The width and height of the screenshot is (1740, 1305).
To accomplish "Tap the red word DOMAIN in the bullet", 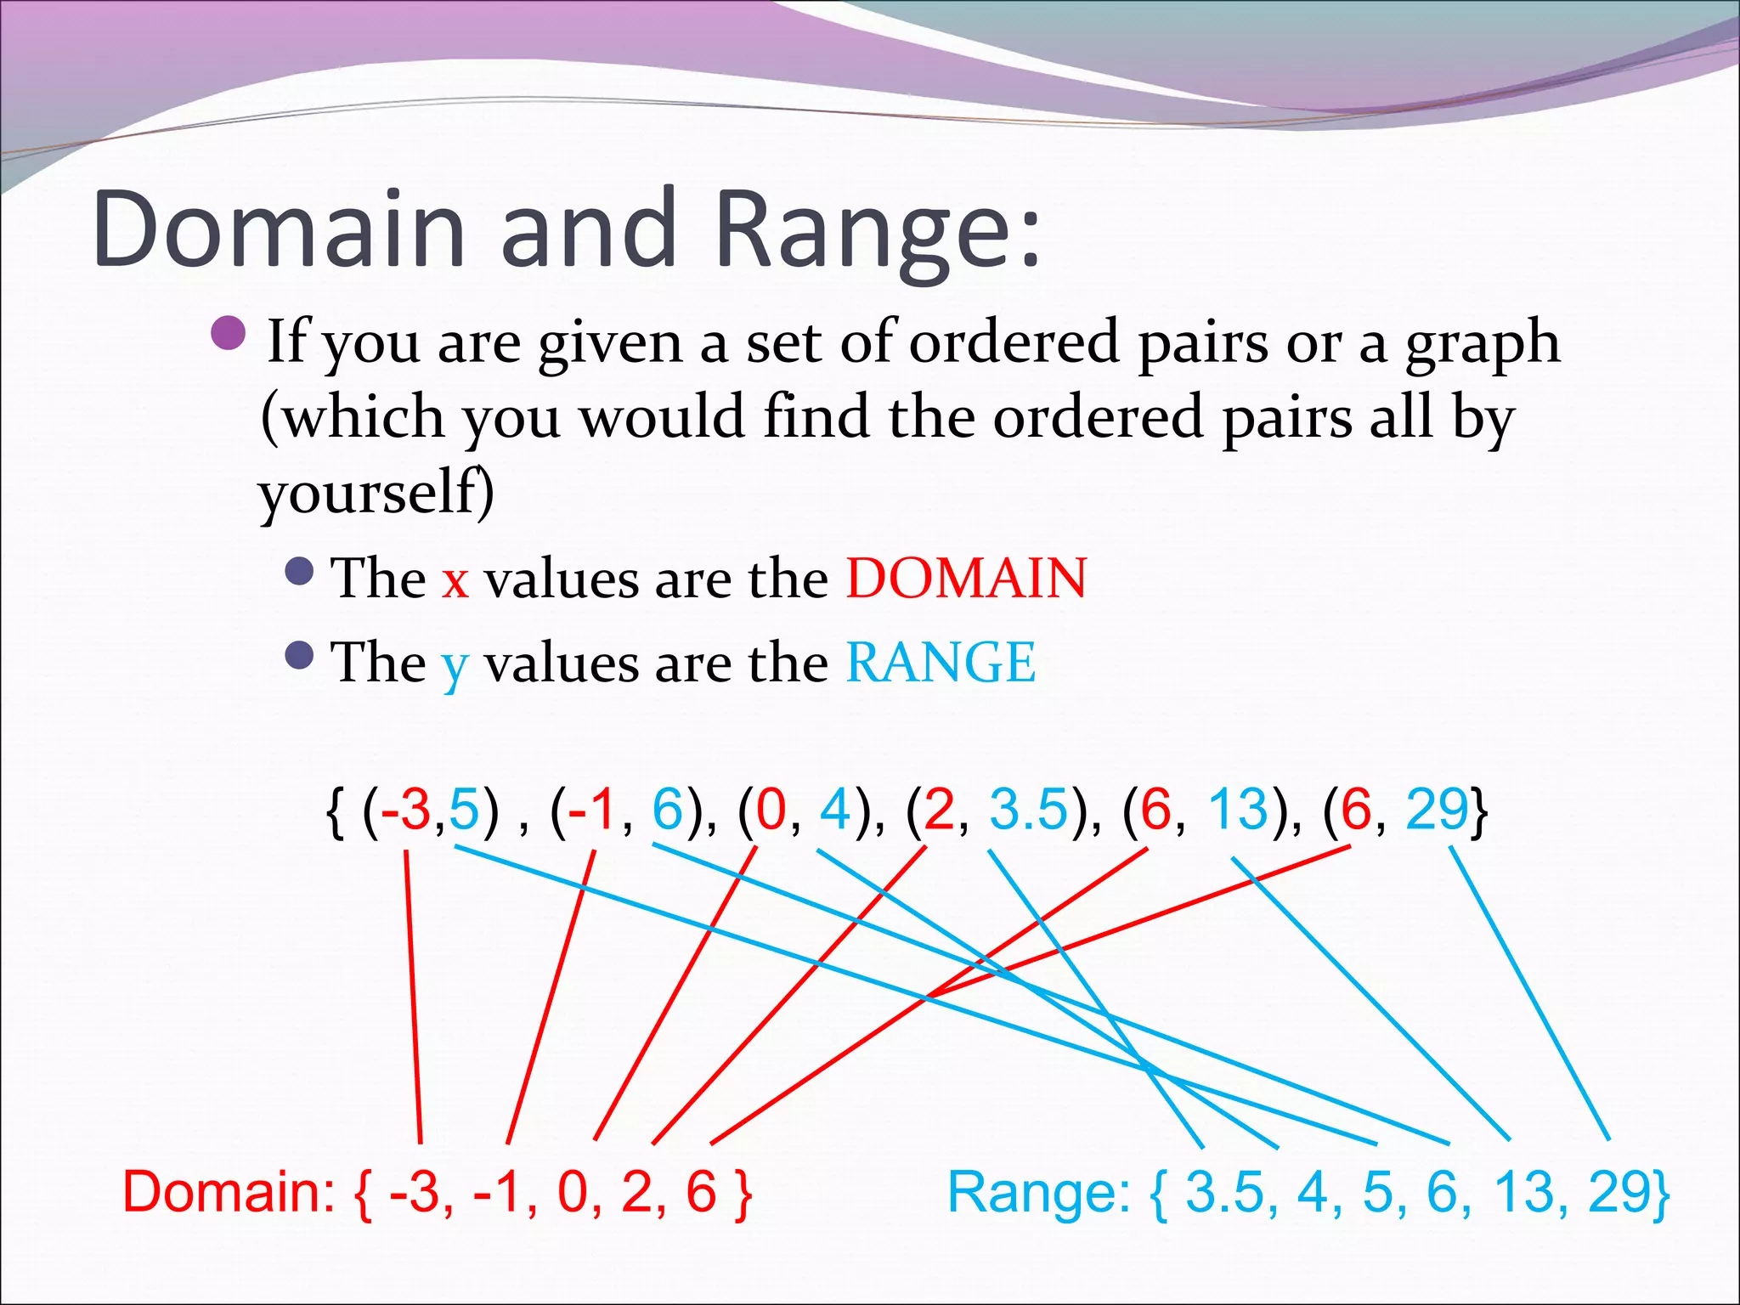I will [x=966, y=579].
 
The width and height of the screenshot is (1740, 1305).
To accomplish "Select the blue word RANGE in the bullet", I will [x=941, y=662].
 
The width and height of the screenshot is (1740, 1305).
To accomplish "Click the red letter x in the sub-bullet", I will [x=455, y=580].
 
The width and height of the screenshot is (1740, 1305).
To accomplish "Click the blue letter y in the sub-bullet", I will [x=455, y=667].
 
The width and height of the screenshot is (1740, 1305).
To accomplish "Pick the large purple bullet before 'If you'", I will [x=228, y=334].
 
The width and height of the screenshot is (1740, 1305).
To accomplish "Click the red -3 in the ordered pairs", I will [x=406, y=809].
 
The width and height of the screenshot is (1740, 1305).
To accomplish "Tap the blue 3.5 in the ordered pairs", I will [x=1028, y=809].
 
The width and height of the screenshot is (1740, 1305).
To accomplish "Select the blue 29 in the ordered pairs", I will [x=1437, y=809].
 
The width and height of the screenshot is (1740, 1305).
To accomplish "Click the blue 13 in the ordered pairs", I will [x=1238, y=809].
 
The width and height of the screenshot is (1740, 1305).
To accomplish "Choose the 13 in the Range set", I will [x=1524, y=1191].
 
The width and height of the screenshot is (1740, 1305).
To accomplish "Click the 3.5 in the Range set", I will [x=1224, y=1191].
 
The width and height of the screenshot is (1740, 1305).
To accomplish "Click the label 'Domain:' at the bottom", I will [x=229, y=1191].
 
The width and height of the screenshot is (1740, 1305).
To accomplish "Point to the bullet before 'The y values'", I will [x=300, y=655].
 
